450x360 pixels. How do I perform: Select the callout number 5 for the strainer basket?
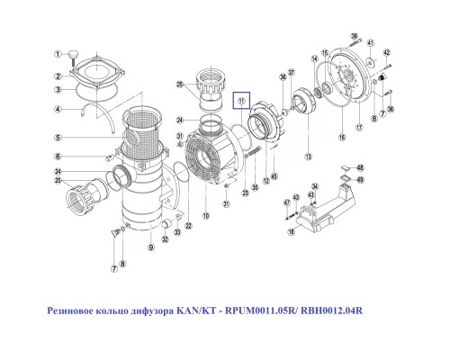(56, 138)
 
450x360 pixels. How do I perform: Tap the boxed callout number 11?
(241, 102)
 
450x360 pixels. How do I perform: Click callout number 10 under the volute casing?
(206, 216)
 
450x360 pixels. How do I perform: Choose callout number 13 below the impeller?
(308, 157)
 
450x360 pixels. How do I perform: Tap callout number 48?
(360, 167)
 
